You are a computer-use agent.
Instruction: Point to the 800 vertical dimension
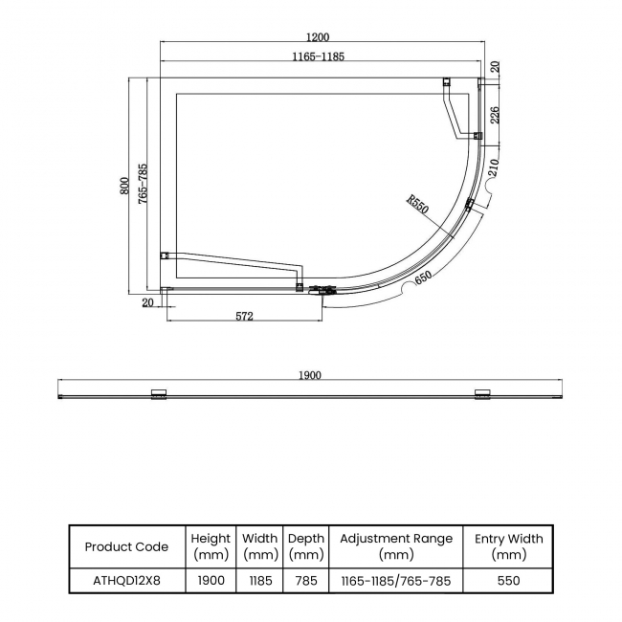124,186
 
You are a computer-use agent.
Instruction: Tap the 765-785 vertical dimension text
142,186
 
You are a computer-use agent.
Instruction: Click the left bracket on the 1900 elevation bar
160,392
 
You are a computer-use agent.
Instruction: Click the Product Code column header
126,546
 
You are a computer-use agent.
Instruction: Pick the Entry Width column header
508,546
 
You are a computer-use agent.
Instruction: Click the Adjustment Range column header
396,546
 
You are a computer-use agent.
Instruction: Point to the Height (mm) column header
211,546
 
